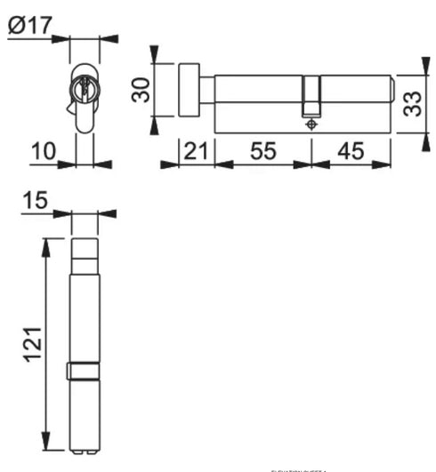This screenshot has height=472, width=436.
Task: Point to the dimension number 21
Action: (197, 152)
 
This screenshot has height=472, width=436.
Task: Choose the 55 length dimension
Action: (262, 152)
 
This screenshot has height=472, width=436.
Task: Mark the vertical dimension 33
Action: (410, 105)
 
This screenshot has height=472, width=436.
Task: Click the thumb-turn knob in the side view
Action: (190, 89)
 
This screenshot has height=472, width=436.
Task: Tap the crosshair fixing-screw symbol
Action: (311, 125)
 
